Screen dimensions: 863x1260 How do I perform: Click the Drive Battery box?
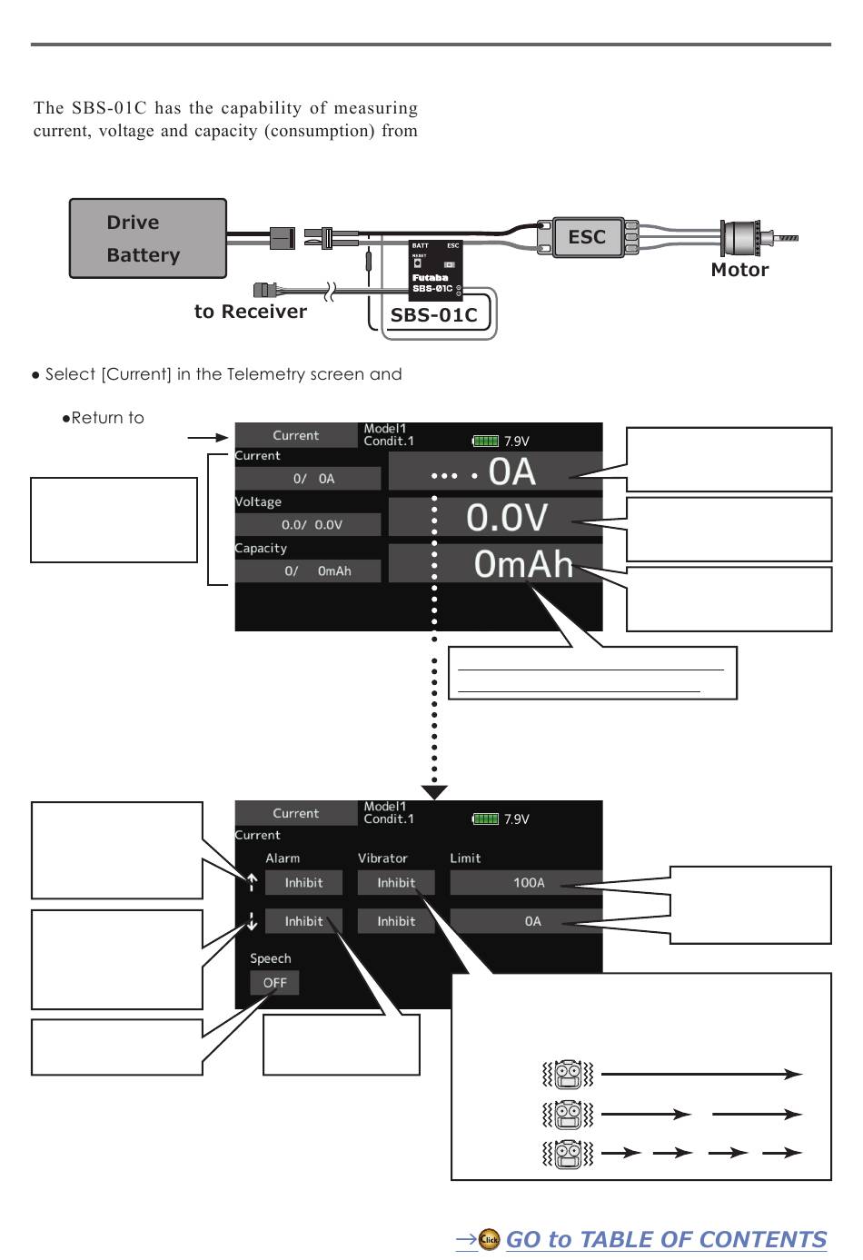148,238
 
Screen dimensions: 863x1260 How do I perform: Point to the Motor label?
739,270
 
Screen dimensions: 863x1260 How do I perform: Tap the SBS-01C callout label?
433,315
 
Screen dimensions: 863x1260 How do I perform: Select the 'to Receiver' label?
251,311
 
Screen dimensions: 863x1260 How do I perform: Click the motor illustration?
759,237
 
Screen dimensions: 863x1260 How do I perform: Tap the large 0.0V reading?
506,517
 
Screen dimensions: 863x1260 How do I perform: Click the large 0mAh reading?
523,563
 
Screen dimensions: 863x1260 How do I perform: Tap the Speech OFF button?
274,983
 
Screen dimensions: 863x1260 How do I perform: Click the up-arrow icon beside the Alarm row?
252,883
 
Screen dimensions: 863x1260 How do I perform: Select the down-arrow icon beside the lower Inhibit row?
252,921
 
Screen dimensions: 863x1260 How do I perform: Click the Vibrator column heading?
382,858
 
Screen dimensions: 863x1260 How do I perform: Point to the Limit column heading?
465,858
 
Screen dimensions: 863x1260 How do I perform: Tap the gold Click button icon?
489,1239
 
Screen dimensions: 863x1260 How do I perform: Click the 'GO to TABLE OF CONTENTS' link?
666,1240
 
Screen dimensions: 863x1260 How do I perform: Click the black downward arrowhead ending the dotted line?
434,792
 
